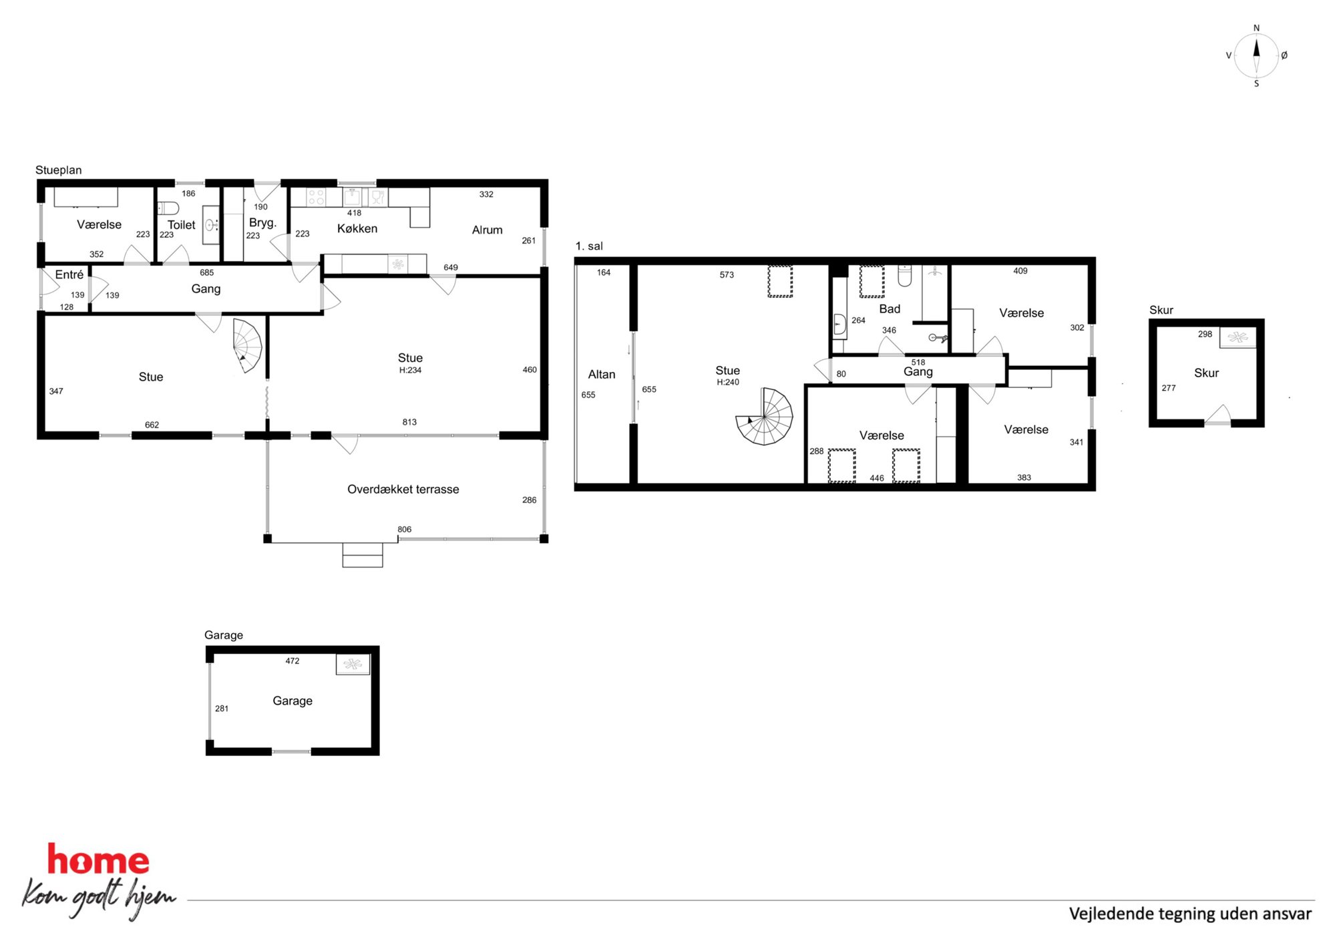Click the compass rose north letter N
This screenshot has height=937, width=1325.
(x=1256, y=28)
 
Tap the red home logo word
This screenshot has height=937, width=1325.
(x=98, y=860)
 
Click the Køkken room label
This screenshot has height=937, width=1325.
(x=357, y=228)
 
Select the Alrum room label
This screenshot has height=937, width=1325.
(x=488, y=230)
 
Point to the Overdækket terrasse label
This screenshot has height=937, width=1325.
(x=403, y=489)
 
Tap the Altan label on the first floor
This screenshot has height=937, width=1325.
(x=602, y=375)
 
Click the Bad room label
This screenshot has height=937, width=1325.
(x=890, y=309)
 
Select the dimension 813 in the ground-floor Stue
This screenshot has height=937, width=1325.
(x=409, y=422)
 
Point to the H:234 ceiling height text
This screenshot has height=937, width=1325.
(x=410, y=370)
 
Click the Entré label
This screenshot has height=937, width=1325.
(x=69, y=274)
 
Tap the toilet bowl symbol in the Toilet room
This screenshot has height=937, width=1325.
(x=168, y=208)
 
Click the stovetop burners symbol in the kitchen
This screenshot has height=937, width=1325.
(x=316, y=197)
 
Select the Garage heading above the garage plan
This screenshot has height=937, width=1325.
(x=224, y=634)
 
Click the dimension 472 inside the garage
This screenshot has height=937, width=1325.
(x=293, y=661)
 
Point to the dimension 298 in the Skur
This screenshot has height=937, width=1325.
(x=1205, y=334)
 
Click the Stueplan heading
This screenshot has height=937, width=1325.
(x=59, y=170)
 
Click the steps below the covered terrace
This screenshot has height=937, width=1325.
(x=363, y=555)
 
